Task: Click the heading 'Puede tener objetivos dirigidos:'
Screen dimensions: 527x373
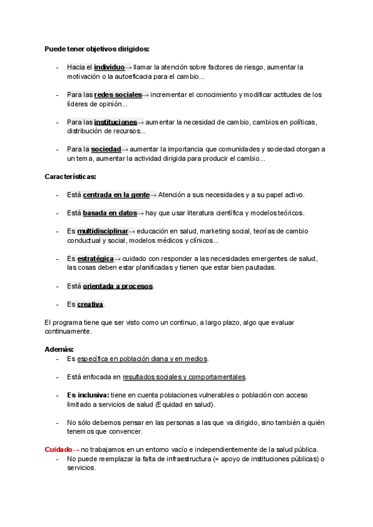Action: click(x=97, y=48)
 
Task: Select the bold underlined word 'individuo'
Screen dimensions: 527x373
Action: click(x=109, y=67)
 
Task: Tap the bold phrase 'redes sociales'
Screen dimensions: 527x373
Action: click(x=118, y=94)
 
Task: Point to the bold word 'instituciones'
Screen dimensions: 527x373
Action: click(x=116, y=122)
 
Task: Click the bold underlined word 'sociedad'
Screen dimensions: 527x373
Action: click(x=106, y=150)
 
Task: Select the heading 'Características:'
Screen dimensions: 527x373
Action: click(x=70, y=177)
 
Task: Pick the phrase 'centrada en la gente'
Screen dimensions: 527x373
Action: click(x=116, y=195)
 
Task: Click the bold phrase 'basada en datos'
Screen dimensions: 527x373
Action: click(x=109, y=213)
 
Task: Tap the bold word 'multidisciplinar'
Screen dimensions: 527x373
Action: click(x=103, y=231)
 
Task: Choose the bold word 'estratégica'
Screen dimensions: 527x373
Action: click(x=96, y=259)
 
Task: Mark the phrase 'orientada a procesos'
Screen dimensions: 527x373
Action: click(x=118, y=286)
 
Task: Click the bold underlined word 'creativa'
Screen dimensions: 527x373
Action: click(x=90, y=305)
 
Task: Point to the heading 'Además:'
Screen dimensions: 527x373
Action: click(x=60, y=350)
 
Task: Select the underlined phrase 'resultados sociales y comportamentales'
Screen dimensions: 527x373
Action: click(x=185, y=377)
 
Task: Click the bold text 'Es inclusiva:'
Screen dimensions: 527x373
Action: click(x=88, y=395)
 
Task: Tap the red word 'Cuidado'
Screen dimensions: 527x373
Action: click(x=58, y=449)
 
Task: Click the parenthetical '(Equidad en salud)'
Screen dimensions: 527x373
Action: click(x=185, y=405)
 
